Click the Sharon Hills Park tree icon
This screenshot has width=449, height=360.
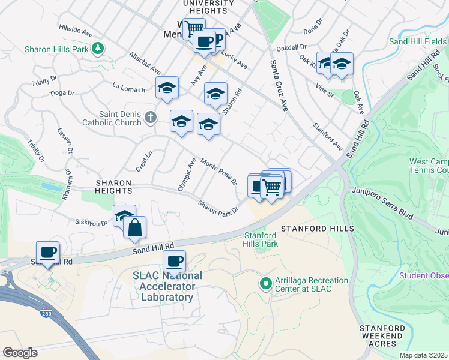click(x=97, y=49)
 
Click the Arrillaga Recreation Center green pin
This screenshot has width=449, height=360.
click(x=265, y=282)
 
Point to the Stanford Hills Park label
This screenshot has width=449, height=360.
click(x=261, y=240)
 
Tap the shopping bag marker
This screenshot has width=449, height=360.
click(x=136, y=227)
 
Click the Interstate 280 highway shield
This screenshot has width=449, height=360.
click(x=46, y=314)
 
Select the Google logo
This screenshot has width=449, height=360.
click(x=20, y=353)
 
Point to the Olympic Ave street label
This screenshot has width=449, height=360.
click(x=187, y=175)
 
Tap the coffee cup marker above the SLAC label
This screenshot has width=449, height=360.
click(x=174, y=262)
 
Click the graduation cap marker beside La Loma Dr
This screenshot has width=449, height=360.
click(x=167, y=88)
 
